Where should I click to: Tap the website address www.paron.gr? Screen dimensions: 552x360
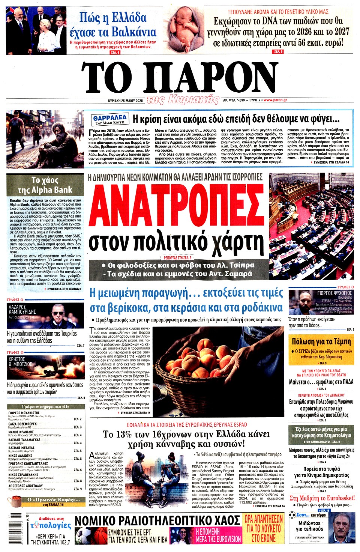tap(275, 100)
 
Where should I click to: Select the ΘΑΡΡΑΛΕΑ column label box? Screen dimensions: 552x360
tap(110, 119)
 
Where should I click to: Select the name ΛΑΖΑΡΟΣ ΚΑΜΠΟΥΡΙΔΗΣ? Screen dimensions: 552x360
tap(22, 309)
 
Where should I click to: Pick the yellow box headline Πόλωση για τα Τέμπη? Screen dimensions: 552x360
tap(321, 341)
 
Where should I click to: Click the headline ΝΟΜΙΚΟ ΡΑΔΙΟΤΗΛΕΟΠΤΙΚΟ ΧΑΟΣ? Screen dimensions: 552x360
tap(157, 520)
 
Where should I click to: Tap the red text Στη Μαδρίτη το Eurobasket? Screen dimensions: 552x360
tap(322, 498)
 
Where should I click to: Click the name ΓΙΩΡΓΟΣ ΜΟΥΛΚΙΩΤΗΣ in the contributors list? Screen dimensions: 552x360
tap(24, 412)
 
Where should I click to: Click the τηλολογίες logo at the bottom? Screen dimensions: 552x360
tap(51, 525)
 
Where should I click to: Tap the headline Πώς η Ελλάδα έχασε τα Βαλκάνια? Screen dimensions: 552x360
tap(113, 24)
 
